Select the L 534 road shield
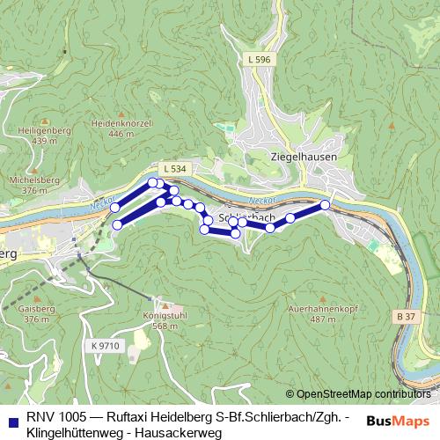pos(173,167)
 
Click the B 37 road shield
pos(405,316)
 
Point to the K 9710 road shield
pos(104,346)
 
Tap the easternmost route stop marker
pos(325,204)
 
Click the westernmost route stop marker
pos(114,208)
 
